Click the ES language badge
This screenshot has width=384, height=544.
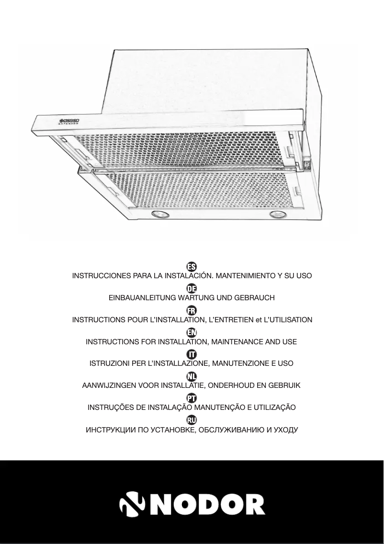tap(192, 266)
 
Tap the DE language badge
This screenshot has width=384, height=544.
tap(192, 288)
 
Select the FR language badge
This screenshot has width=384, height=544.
tap(192, 310)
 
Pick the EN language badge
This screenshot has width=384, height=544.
tap(192, 332)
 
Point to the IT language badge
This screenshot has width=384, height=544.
tap(192, 354)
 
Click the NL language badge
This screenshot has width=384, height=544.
tap(192, 376)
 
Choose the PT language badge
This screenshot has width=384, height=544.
tap(192, 398)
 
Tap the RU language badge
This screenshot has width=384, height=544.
tap(192, 420)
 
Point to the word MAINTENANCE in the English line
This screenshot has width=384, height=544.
tap(237, 342)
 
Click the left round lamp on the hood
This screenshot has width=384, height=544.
tap(159, 214)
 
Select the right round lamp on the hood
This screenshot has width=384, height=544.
tap(276, 214)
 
